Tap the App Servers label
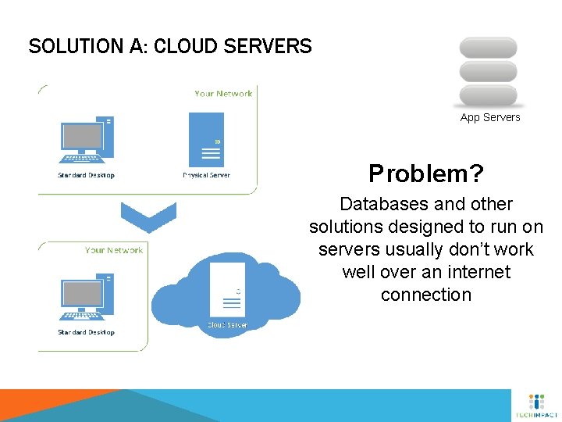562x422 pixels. pos(490,117)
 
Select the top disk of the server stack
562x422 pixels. pos(489,47)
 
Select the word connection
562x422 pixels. pos(426,295)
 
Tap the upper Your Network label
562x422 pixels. pos(223,94)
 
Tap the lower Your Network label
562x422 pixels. pos(114,250)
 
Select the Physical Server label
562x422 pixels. pos(207,175)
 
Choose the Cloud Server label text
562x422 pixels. pos(227,324)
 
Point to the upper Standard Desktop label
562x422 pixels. pos(86,175)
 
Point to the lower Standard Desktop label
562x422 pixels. pos(86,332)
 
